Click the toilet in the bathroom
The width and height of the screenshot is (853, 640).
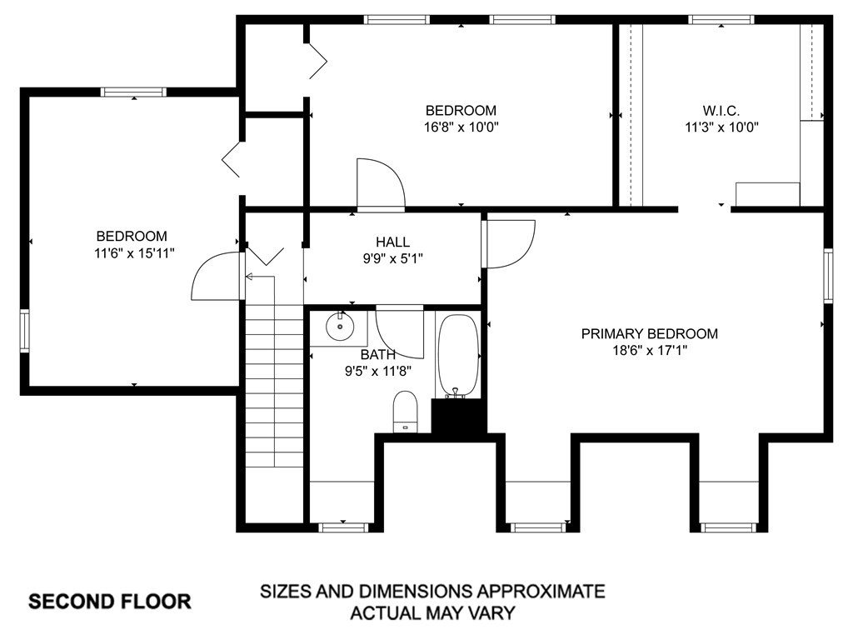(x=405, y=412)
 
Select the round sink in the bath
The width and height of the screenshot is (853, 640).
(x=340, y=327)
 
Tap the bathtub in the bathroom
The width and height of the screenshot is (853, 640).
(x=458, y=355)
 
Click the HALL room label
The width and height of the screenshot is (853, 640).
(x=393, y=242)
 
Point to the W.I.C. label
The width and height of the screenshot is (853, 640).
(x=721, y=111)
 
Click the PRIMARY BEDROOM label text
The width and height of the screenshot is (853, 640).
(x=650, y=333)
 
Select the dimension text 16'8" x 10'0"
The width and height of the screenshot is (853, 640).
(x=461, y=127)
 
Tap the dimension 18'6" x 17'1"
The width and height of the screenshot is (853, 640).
(x=650, y=351)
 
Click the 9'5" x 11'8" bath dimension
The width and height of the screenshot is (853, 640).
(x=378, y=372)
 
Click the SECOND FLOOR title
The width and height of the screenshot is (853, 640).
(x=109, y=602)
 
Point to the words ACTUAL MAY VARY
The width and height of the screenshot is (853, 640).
(x=432, y=613)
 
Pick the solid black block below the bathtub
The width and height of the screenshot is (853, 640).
(x=458, y=417)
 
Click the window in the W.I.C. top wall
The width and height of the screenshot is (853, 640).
(x=721, y=20)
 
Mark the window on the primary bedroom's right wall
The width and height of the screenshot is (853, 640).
(x=828, y=276)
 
